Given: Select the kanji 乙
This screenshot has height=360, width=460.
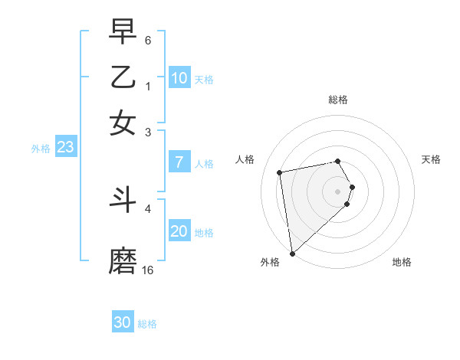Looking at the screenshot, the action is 123,77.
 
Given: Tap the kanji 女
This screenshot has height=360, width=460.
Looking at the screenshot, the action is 123,123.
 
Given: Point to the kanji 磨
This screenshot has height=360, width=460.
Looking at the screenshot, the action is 123,261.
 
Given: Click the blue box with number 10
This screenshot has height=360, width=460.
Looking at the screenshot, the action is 179,78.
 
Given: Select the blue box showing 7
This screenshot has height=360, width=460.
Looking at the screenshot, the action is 179,162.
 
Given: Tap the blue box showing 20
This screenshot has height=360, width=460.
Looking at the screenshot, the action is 179,231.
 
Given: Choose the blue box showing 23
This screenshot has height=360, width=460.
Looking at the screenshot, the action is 66,147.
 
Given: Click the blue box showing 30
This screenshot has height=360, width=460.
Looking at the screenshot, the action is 123,322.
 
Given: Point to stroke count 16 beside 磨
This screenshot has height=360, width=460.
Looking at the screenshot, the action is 148,270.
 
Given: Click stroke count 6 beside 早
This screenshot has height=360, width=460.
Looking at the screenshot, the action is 148,39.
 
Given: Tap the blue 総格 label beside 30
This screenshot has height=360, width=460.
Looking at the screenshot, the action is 147,324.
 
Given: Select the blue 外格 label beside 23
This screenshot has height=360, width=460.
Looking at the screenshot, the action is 41,149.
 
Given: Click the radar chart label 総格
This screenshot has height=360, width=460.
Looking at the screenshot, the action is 337,100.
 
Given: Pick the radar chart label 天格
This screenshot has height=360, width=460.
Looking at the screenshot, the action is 431,159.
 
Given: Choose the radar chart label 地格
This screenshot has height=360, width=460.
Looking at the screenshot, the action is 402,262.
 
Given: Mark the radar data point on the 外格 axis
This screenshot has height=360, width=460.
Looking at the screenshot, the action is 292,253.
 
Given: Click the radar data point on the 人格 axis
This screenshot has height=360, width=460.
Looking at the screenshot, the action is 280,172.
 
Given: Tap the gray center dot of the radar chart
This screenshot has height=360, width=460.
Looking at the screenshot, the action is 337,191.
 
